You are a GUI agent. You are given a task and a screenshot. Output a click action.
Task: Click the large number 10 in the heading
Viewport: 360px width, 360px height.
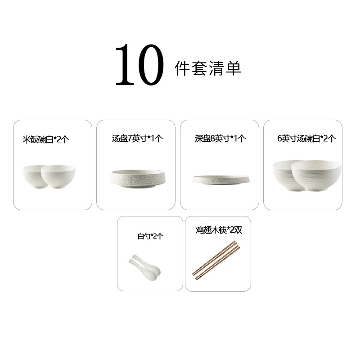pos(140,65)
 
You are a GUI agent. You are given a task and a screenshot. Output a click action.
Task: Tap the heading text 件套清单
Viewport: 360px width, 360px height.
pos(208,68)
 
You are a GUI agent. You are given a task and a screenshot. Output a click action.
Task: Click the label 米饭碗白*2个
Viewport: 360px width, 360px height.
pos(46,139)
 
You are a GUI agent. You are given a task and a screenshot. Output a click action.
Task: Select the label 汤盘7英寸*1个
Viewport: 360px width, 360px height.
pos(137,138)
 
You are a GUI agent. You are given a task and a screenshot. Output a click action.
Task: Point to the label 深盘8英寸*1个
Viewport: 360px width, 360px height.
pos(220,138)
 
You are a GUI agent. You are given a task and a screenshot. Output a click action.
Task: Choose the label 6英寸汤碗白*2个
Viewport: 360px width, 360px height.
pos(306,138)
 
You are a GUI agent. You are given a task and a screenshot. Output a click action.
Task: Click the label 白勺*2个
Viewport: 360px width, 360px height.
pos(150,236)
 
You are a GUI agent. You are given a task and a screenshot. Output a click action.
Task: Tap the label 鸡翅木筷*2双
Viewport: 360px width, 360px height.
pos(219,229)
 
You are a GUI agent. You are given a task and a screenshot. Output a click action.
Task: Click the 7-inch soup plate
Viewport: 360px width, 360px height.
pos(138,179)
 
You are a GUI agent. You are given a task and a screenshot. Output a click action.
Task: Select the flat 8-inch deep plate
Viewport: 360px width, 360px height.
pos(221,180)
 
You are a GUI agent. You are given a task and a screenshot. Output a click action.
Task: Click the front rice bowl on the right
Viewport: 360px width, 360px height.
pos(58,177)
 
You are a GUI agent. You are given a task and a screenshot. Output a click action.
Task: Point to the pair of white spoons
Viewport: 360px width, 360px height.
pos(144,267)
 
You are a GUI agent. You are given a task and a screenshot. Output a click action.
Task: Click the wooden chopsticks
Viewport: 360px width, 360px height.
pos(216,261)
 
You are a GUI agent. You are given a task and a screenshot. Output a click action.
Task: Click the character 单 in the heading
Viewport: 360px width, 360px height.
pos(234,68)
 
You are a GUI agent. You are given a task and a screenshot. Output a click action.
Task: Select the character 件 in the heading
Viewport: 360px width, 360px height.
pos(182,68)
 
